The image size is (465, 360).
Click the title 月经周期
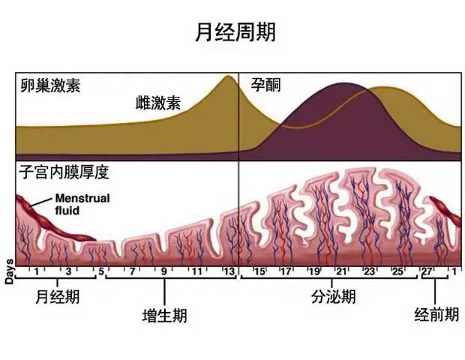(x=232, y=31)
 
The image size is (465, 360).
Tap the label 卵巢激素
(x=50, y=85)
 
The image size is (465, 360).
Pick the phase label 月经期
(x=57, y=297)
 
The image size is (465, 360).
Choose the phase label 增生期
(x=164, y=315)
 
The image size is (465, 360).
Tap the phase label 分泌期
(x=333, y=297)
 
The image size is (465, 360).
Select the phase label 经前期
(x=436, y=315)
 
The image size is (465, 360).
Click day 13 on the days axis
(x=229, y=270)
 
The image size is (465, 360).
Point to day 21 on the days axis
(x=340, y=270)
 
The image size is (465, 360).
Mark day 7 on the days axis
(x=133, y=270)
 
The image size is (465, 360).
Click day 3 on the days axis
(x=68, y=270)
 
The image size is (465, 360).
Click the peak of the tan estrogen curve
(x=229, y=76)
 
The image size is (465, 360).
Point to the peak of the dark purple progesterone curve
(x=342, y=84)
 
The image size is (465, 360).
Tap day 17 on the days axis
(x=285, y=270)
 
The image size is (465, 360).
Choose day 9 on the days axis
(x=164, y=270)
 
